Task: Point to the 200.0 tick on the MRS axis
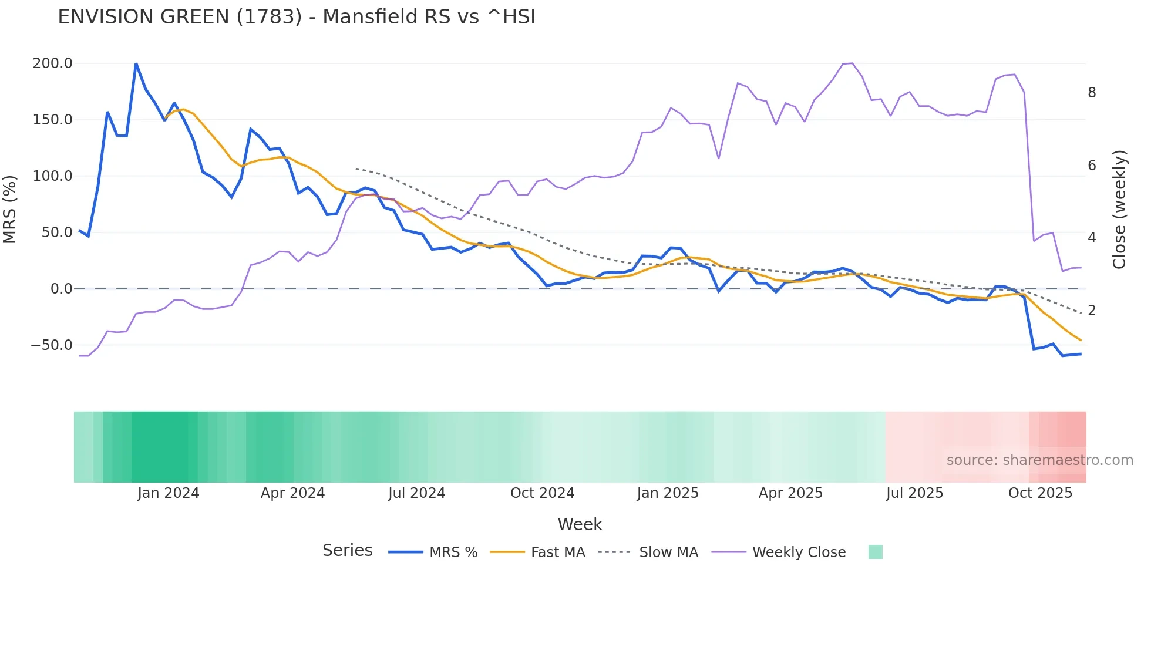[x=52, y=63]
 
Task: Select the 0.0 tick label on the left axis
[x=61, y=289]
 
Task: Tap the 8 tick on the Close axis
[x=1092, y=93]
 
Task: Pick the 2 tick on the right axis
[x=1092, y=311]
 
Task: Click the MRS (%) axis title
[x=10, y=209]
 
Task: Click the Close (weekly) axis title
[x=1119, y=210]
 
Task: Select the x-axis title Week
[x=580, y=524]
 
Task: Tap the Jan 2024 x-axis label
[x=168, y=493]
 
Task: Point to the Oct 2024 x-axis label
[x=542, y=493]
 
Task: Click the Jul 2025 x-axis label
[x=914, y=493]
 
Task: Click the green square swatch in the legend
[x=875, y=552]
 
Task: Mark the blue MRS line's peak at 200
[x=136, y=63]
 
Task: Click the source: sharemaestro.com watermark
[x=1039, y=460]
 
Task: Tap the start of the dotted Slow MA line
[x=356, y=169]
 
